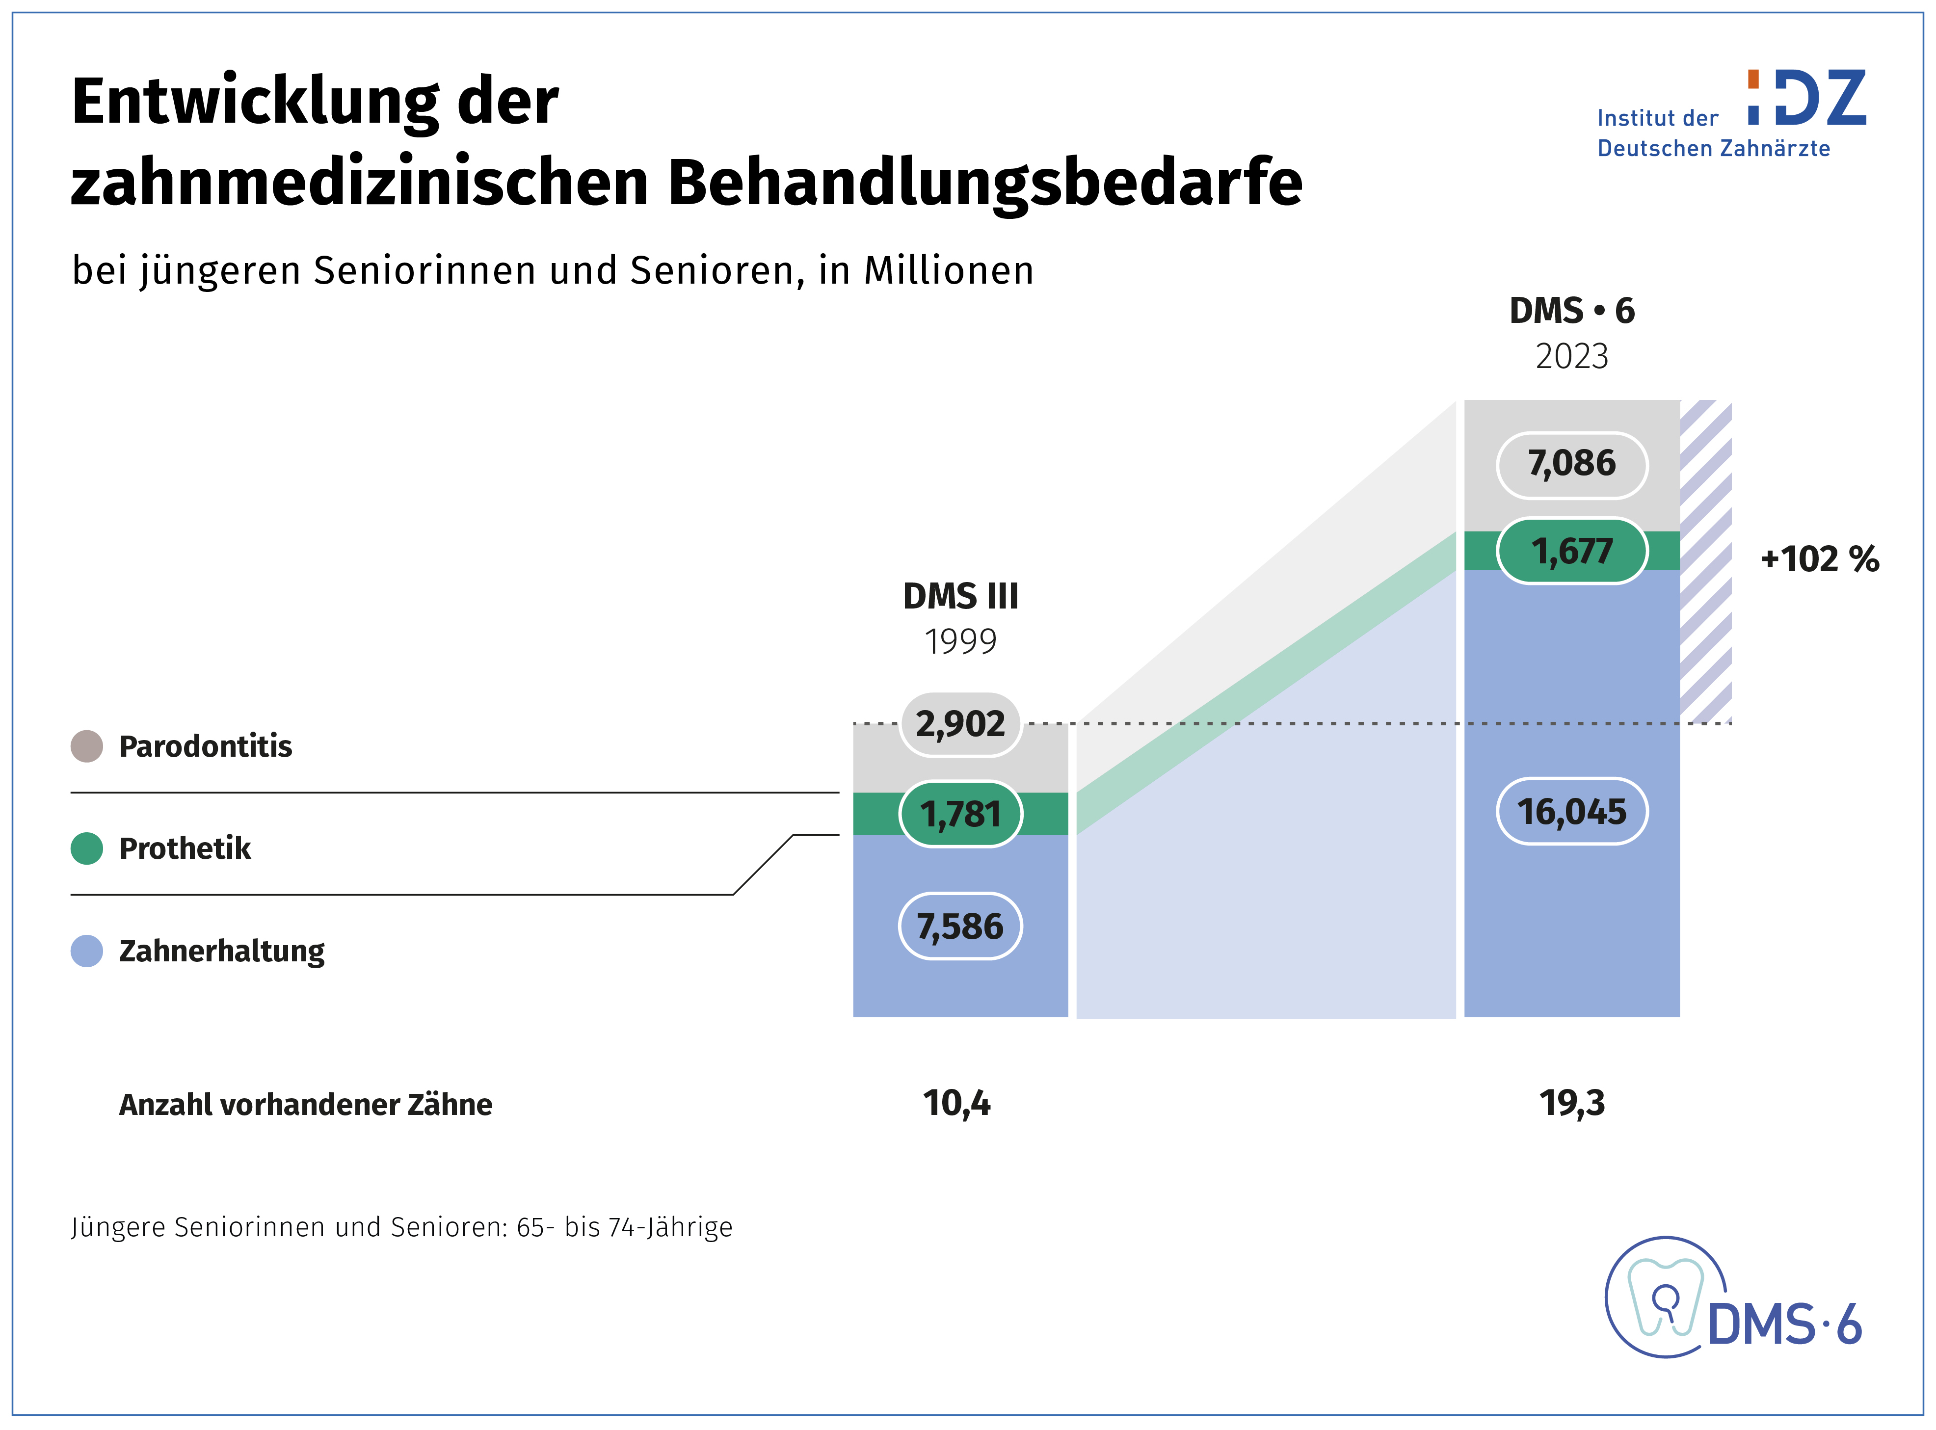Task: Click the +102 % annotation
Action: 1819,558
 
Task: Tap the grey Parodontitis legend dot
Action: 86,746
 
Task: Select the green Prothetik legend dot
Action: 86,848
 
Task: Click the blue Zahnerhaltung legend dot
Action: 86,951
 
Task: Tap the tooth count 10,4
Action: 956,1104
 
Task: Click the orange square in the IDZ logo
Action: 1752,79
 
